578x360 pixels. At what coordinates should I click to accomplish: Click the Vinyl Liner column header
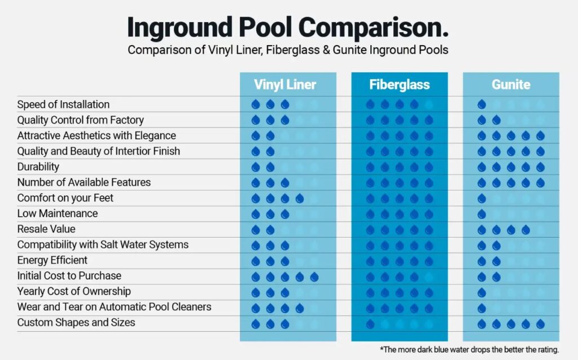point(284,85)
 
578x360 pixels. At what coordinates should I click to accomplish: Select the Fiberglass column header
point(400,85)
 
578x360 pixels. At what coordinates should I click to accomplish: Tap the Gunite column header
point(511,85)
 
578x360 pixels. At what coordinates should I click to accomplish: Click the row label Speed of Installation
point(63,104)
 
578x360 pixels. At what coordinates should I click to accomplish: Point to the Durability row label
point(38,167)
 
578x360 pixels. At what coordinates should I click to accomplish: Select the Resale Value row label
point(46,229)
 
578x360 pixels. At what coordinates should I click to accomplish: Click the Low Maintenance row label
point(58,214)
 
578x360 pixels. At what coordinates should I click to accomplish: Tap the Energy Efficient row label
point(52,260)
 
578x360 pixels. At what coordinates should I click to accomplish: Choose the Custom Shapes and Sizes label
point(76,323)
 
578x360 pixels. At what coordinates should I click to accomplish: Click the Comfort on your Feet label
point(65,198)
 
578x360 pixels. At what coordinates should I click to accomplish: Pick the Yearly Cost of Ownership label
point(74,291)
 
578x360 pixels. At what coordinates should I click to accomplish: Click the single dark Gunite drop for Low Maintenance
point(481,214)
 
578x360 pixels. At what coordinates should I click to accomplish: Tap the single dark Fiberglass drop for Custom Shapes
point(370,323)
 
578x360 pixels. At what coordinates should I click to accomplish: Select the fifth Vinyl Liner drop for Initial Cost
point(314,276)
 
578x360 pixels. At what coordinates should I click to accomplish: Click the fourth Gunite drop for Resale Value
point(526,230)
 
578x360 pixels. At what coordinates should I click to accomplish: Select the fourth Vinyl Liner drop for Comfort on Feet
point(300,199)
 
